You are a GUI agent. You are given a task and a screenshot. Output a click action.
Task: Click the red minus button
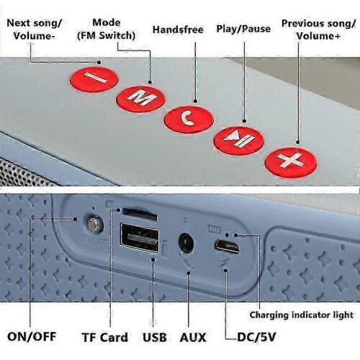click(x=94, y=79)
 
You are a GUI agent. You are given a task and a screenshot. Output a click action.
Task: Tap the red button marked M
click(x=140, y=99)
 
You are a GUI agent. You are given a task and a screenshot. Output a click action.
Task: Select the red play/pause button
click(x=239, y=140)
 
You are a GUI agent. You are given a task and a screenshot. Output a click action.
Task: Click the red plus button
click(x=291, y=162)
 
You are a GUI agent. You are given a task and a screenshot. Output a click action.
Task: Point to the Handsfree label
click(x=178, y=30)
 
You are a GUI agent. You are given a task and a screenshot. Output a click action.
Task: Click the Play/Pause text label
click(x=243, y=29)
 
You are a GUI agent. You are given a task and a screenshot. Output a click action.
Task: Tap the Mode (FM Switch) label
click(x=106, y=30)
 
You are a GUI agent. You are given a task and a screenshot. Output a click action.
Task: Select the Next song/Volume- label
click(x=34, y=30)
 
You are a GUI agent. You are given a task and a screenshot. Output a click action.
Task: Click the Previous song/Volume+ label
click(x=318, y=30)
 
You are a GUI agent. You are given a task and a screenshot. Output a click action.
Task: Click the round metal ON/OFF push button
click(x=94, y=225)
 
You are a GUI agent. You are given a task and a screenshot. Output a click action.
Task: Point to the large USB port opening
click(x=140, y=238)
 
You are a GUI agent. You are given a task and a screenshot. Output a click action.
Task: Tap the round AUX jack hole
click(x=186, y=243)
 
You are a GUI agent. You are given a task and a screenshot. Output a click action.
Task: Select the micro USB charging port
click(x=227, y=246)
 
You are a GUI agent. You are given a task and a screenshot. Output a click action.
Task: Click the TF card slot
click(x=140, y=215)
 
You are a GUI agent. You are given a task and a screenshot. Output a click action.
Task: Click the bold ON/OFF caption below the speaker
click(x=32, y=336)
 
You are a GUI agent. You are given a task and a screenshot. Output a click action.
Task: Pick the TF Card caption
click(x=104, y=337)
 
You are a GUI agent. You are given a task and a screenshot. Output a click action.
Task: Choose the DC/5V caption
click(x=256, y=337)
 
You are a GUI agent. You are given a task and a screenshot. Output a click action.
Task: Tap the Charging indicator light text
click(x=302, y=315)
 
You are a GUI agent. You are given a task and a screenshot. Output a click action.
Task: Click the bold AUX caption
click(x=193, y=337)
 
